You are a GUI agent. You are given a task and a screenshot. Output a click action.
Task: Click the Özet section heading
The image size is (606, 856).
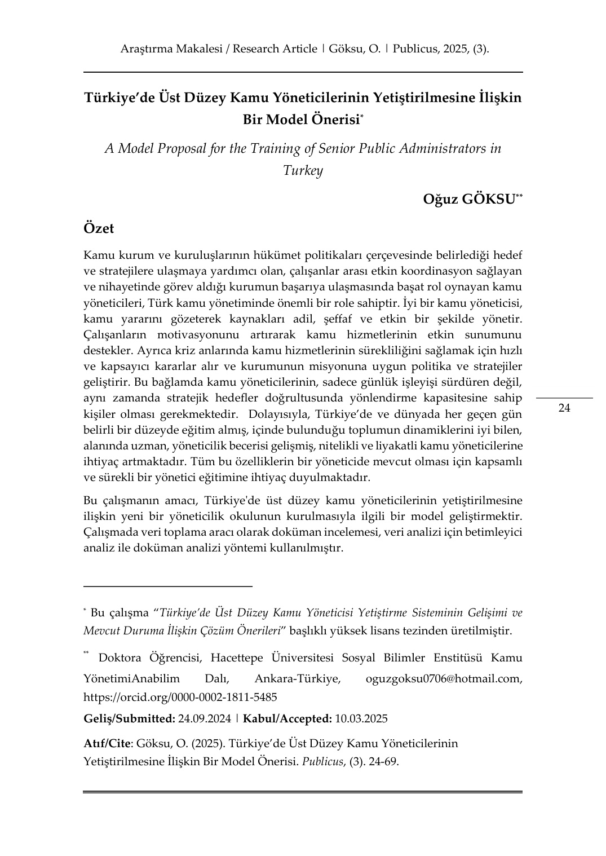99,228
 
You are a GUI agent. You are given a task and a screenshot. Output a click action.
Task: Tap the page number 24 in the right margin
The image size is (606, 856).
564,408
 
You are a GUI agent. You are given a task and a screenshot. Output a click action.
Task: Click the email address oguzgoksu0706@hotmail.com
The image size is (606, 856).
444,678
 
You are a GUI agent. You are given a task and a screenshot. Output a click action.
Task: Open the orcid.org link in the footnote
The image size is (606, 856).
180,697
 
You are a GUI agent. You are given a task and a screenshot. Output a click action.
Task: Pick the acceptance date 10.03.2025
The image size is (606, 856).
361,719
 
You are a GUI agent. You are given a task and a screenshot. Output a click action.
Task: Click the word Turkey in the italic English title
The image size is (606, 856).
303,170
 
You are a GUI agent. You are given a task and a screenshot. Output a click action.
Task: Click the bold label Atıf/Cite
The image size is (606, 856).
107,743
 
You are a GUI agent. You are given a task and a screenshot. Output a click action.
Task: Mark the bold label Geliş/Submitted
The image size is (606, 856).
129,719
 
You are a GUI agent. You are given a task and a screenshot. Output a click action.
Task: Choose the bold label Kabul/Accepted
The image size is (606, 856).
287,719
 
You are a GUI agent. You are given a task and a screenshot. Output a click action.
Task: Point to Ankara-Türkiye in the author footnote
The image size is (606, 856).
297,678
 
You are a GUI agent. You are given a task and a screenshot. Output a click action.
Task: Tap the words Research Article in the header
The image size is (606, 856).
275,49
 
